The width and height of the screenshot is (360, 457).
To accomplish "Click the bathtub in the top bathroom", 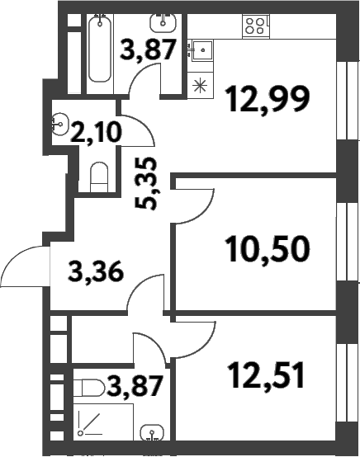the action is [x=100, y=49].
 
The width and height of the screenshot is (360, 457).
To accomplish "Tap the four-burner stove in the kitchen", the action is [x=256, y=26].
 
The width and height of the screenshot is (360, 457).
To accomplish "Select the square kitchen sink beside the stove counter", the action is [x=203, y=50].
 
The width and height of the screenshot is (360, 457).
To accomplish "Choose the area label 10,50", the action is [x=268, y=250].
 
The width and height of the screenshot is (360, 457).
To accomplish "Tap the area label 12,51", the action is [x=267, y=375].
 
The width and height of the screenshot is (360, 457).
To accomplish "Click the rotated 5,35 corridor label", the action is [x=147, y=183].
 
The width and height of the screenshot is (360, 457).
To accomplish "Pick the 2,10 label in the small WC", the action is [x=96, y=133].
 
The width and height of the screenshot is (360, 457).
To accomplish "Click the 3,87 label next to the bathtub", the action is [x=149, y=49].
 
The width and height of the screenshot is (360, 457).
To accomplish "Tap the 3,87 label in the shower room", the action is [x=135, y=386].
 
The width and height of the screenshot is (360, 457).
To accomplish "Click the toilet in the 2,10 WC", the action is [x=99, y=177].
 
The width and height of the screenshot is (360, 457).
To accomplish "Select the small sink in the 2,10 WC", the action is [x=59, y=125].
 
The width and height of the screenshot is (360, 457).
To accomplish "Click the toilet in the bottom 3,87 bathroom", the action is [x=88, y=388].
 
